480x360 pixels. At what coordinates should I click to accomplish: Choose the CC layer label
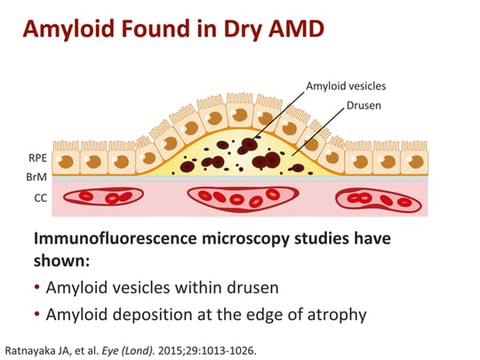[28, 198]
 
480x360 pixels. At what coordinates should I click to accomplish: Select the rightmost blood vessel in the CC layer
[378, 199]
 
